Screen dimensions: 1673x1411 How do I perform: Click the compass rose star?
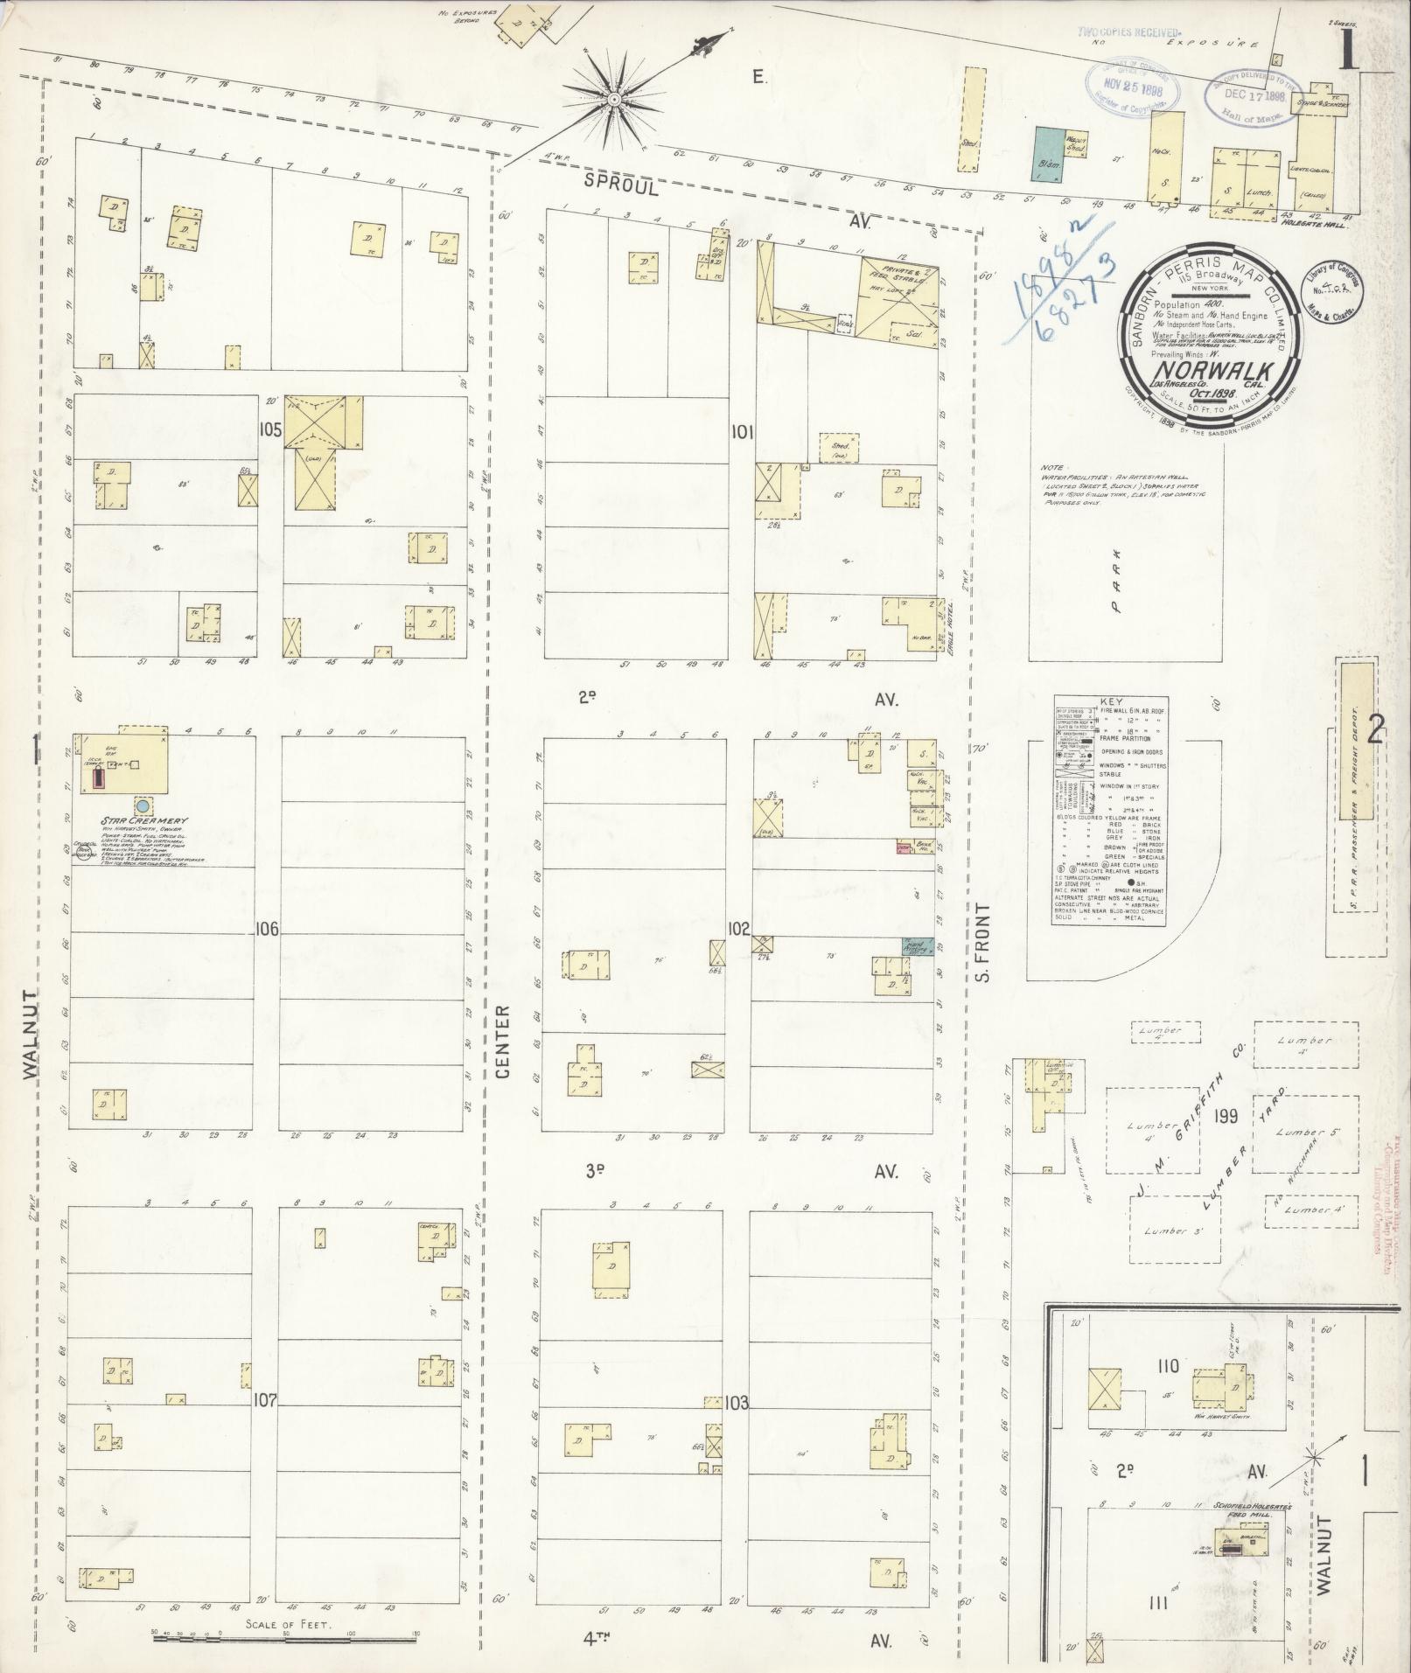click(x=615, y=100)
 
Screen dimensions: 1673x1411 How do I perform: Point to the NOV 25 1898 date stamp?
click(x=1135, y=88)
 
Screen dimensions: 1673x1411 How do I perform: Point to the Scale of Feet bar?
click(x=286, y=1637)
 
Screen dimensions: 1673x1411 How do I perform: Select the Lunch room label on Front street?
click(x=1261, y=191)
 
